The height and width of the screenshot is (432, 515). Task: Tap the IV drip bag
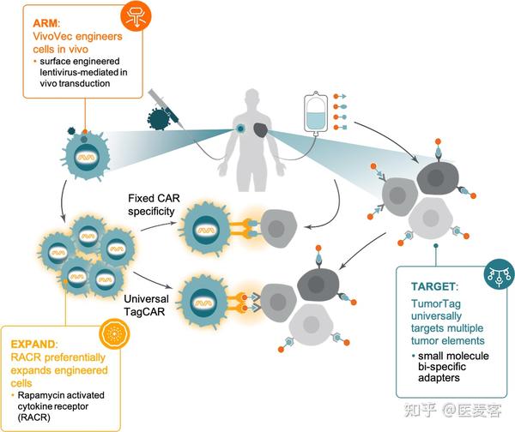click(x=313, y=116)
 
